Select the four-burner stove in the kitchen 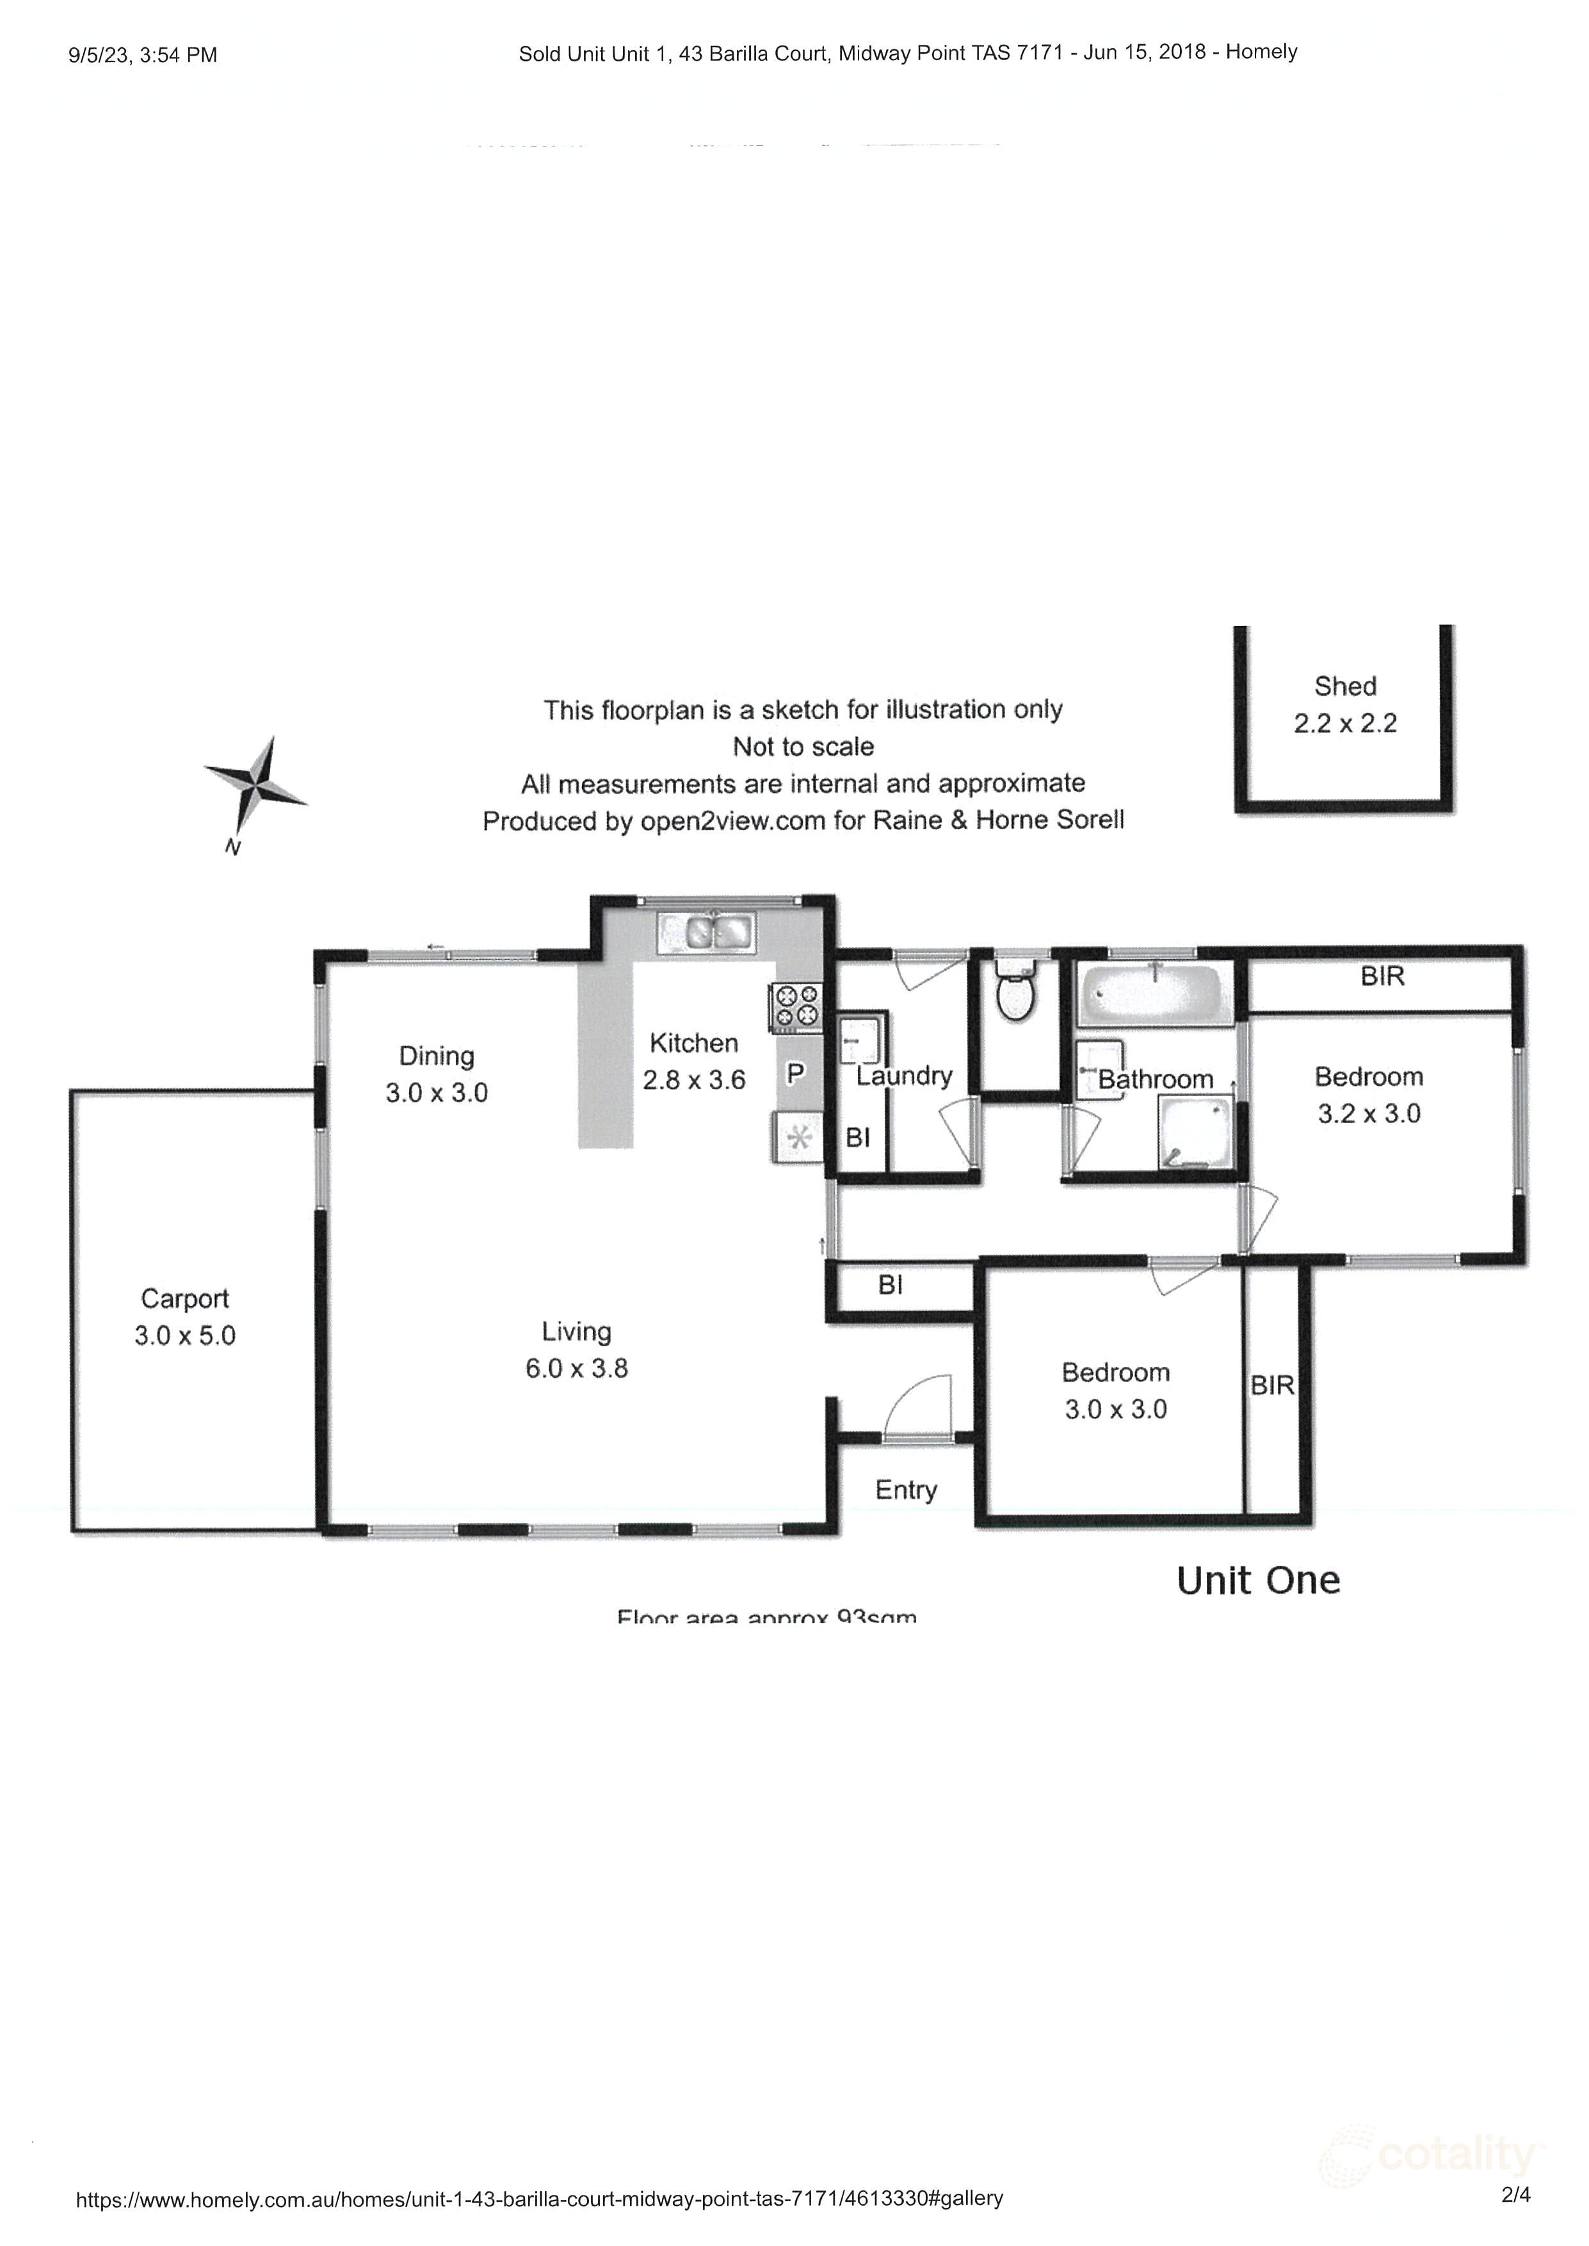[796, 1008]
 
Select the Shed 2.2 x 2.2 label [1344, 705]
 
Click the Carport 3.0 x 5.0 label [185, 1317]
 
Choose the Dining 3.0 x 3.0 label [437, 1074]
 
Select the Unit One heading [1258, 1581]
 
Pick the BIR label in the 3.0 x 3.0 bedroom [1272, 1385]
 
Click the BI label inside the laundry [858, 1138]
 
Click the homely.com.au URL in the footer [539, 2198]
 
